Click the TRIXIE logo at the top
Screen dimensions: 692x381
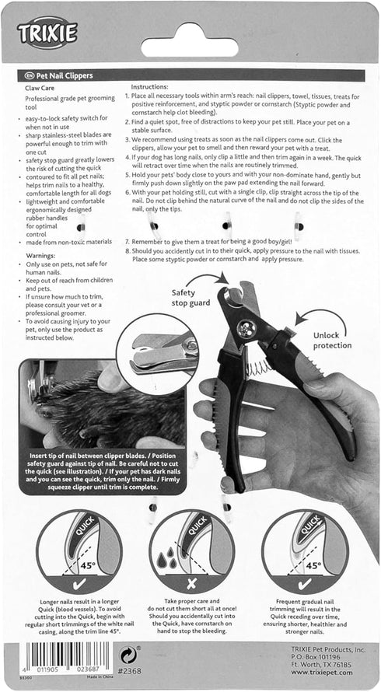tap(48, 32)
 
